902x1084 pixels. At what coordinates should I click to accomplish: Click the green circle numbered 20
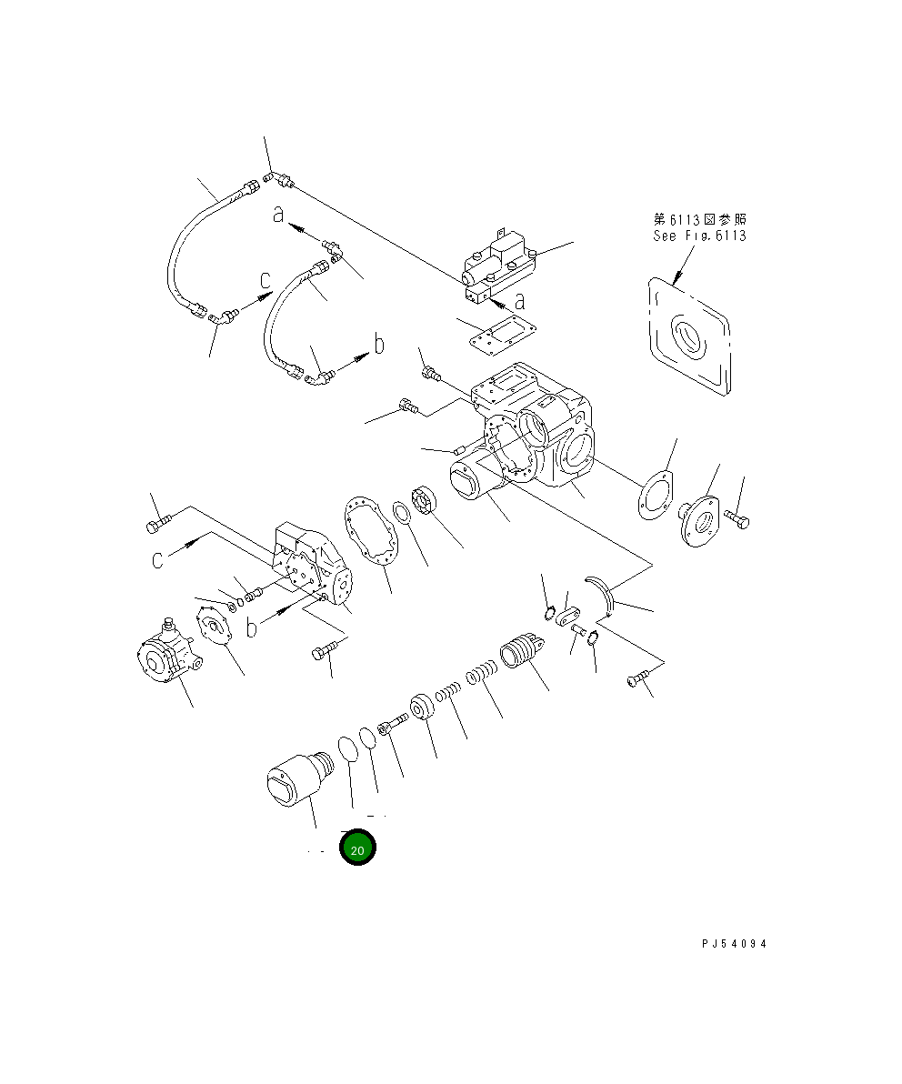pos(357,848)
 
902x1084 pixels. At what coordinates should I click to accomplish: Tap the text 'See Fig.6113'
pos(699,236)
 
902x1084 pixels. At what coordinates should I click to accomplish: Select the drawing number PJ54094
pos(734,944)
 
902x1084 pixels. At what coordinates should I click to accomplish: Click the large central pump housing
pos(536,427)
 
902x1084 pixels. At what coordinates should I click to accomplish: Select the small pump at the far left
pos(165,654)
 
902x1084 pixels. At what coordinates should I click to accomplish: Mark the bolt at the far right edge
pos(737,520)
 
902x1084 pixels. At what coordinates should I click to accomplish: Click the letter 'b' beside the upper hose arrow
pos(379,345)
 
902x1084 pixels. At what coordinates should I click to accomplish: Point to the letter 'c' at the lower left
pos(158,558)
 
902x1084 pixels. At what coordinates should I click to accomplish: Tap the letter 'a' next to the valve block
pos(519,301)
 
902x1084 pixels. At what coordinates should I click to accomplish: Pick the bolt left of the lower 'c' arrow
pos(157,525)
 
